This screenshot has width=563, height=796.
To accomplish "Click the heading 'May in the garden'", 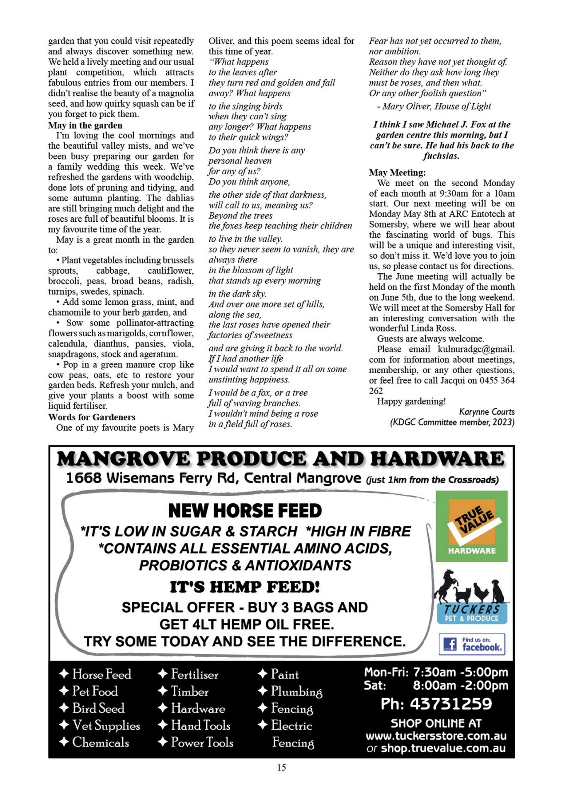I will tap(85, 125).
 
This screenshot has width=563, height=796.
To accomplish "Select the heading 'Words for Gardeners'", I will tap(92, 417).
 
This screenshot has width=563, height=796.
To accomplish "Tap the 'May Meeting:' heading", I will tap(397, 172).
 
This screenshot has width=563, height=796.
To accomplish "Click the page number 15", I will tap(281, 767).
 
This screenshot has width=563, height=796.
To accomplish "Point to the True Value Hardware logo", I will tap(471, 526).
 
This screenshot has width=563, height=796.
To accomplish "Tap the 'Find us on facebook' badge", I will tap(472, 644).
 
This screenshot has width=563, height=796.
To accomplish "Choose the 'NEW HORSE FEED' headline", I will tap(245, 511).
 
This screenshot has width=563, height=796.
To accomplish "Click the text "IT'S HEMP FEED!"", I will tap(245, 587).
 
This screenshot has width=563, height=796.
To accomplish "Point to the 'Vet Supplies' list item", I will tap(106, 726).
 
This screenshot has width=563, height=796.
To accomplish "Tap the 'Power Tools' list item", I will tap(202, 743).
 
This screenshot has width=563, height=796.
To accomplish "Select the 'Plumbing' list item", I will tap(296, 692).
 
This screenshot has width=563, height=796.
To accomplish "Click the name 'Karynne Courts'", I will tap(487, 412).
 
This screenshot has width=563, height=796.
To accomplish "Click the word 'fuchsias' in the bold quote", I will tap(441, 156).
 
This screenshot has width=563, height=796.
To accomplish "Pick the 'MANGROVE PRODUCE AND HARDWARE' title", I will tap(281, 459).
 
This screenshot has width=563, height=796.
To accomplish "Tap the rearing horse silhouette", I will tap(445, 585).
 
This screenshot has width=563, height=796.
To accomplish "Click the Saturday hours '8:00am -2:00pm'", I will tap(460, 686).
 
